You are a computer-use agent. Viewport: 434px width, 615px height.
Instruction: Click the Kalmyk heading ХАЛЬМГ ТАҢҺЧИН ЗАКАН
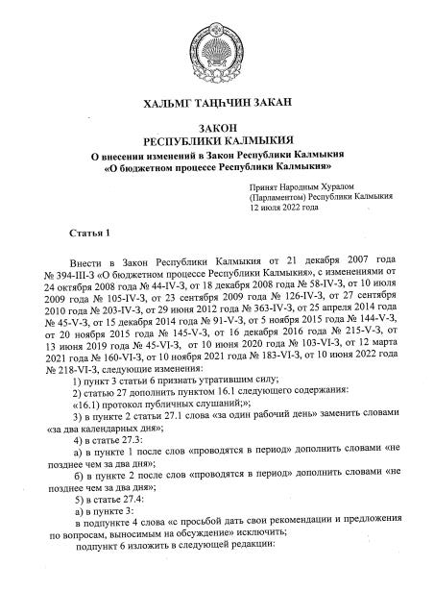(x=216, y=102)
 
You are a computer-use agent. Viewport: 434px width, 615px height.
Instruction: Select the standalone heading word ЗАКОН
(x=216, y=128)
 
